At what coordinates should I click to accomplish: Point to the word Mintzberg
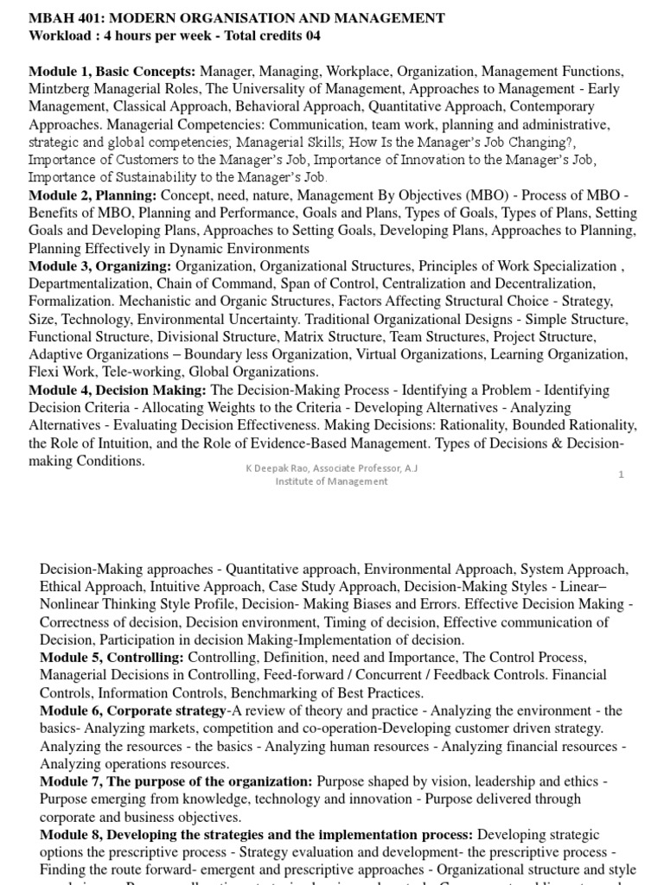click(61, 89)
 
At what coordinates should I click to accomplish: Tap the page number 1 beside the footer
click(621, 474)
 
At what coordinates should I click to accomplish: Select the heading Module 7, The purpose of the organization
click(177, 781)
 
